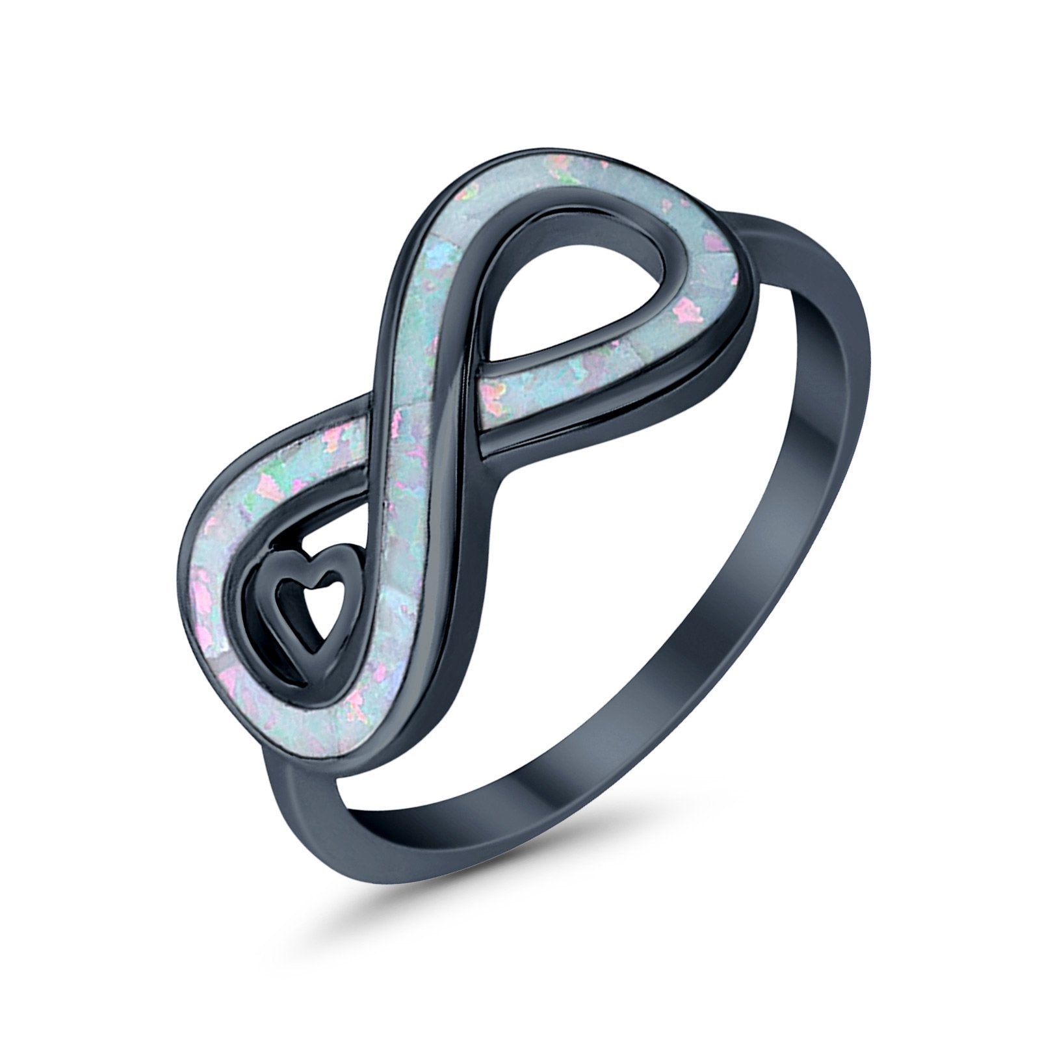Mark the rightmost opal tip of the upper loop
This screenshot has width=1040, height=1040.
(x=734, y=260)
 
